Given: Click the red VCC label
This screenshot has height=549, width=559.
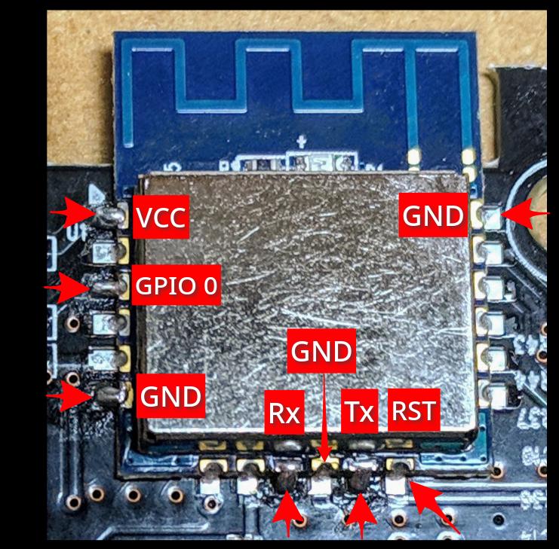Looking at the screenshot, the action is (x=161, y=217).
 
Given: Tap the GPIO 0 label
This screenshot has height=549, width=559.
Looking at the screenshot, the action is (x=176, y=285).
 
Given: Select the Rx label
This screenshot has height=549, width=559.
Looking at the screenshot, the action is (x=284, y=412).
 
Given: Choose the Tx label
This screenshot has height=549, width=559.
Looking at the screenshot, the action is (x=359, y=411).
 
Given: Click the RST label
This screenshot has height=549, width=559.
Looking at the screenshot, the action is (x=414, y=410).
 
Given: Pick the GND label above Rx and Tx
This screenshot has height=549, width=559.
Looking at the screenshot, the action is (x=321, y=351).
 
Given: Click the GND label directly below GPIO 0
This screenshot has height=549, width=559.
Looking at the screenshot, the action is (x=170, y=395).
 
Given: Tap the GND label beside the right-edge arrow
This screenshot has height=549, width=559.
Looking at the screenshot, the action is (x=433, y=215).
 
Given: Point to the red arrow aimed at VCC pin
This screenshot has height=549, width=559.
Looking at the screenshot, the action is (x=72, y=212).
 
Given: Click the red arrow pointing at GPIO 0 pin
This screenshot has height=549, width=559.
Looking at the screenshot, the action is (x=67, y=288).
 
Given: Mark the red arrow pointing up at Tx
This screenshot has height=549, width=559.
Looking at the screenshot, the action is (x=361, y=515).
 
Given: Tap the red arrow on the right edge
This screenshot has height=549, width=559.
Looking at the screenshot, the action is (x=525, y=213).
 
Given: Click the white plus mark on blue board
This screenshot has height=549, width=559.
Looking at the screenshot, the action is (x=302, y=142).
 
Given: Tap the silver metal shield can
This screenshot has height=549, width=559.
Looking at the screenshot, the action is (x=309, y=302).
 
